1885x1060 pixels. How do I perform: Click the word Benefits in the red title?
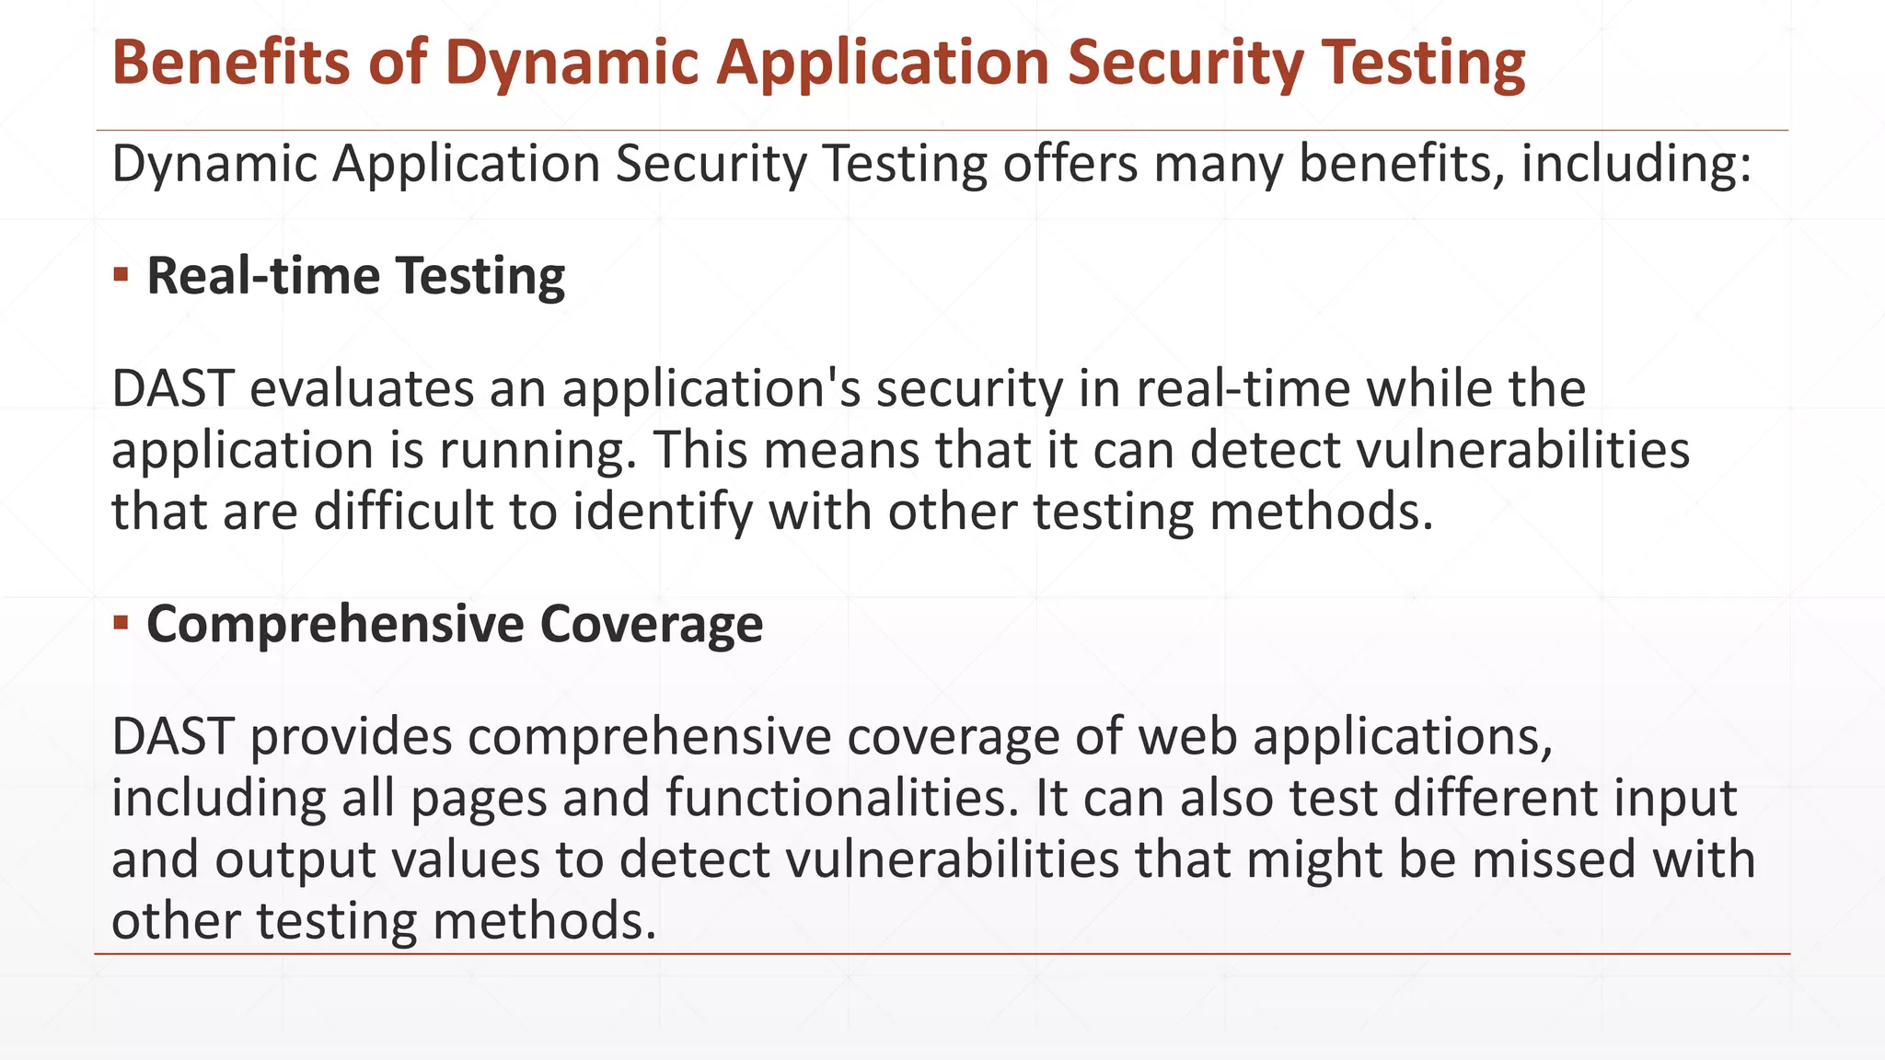[x=231, y=63]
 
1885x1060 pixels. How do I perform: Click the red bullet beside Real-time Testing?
[x=121, y=274]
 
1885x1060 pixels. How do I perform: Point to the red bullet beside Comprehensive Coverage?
[x=121, y=623]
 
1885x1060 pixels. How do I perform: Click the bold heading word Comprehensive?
[x=335, y=625]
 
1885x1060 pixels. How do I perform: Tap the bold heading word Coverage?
[x=652, y=624]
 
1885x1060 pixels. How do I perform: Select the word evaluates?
[x=361, y=388]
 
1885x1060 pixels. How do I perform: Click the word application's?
[x=711, y=390]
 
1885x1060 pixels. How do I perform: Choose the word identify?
[x=663, y=513]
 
